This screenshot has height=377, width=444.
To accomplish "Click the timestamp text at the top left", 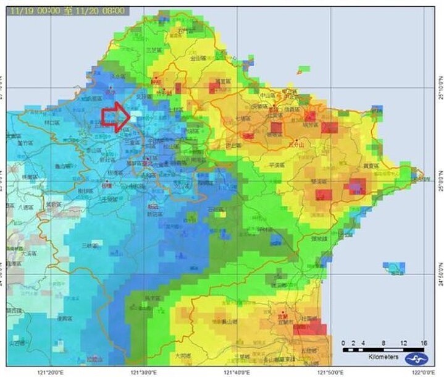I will pos(66,11).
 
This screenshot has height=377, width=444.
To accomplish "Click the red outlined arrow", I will pos(115,116).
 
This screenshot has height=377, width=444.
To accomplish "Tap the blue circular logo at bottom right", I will pos(415,358).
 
